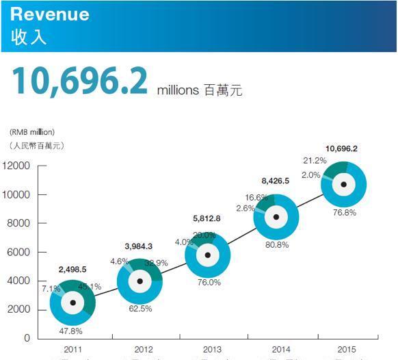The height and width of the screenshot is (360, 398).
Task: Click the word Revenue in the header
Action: tap(50, 14)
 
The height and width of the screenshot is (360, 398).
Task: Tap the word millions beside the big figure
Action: tap(178, 90)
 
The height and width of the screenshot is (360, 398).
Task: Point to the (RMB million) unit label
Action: tap(32, 131)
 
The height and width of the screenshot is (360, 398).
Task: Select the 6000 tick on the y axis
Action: tap(18, 253)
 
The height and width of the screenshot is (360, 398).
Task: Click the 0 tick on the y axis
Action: tap(27, 338)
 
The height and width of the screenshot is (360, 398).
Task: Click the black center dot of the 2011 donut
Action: tap(72, 303)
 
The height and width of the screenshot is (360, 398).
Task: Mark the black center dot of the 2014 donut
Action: tap(276, 217)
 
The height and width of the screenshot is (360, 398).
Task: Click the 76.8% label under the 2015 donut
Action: tap(345, 212)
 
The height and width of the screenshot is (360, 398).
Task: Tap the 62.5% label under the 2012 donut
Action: tap(140, 308)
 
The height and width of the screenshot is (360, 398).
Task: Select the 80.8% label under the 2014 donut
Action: tap(276, 244)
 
